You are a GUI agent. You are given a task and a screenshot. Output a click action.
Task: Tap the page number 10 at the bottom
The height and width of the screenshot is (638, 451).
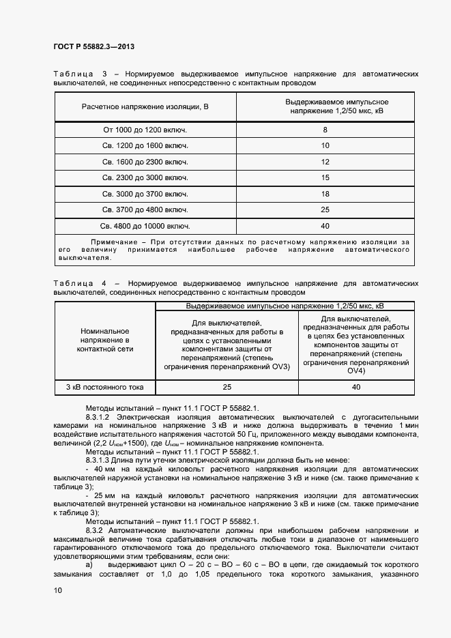tap(57, 591)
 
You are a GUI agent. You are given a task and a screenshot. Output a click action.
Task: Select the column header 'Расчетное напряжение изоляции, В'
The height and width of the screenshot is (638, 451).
tap(145, 107)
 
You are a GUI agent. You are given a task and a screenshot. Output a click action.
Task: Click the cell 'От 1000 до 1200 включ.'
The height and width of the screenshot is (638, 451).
tap(145, 130)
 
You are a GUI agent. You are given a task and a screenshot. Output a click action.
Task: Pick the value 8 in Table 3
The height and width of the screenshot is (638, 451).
tap(325, 130)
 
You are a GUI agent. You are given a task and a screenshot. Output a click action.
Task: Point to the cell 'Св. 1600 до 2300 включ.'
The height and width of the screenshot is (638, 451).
tap(145, 162)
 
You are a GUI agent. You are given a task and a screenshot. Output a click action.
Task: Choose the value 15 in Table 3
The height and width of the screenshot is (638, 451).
tap(325, 177)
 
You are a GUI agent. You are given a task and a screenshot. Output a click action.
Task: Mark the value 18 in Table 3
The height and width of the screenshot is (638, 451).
tap(325, 194)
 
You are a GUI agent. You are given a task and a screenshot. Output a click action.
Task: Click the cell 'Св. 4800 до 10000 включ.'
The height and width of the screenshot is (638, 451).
tap(145, 225)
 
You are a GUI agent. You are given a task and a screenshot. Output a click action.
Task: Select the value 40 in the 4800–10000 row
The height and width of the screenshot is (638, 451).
tap(325, 225)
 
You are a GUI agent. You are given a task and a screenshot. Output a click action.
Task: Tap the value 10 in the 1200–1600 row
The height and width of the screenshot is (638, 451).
tap(325, 145)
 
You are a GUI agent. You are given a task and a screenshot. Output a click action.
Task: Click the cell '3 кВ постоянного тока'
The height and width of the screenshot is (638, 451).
tap(104, 387)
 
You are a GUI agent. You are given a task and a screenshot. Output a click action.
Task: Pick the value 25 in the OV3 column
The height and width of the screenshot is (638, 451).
tap(227, 387)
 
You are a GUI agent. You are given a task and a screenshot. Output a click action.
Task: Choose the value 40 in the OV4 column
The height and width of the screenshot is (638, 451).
tap(355, 387)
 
